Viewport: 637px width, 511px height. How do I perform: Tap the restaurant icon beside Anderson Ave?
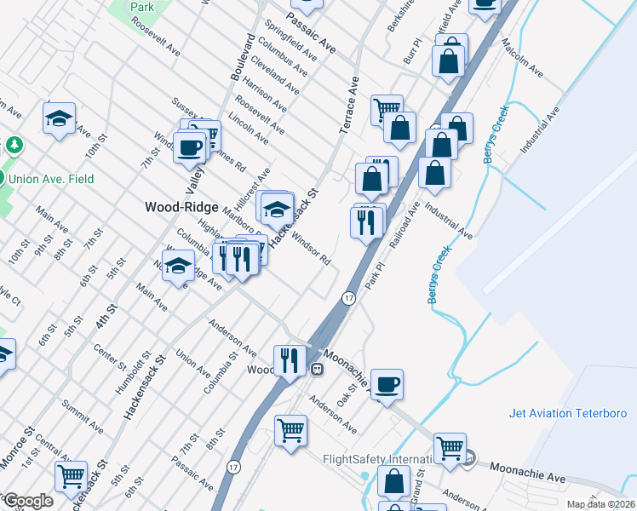click(290, 360)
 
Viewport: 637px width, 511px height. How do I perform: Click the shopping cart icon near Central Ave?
click(71, 476)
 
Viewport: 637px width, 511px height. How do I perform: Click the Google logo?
click(28, 501)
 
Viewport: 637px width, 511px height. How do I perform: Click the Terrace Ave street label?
click(349, 105)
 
